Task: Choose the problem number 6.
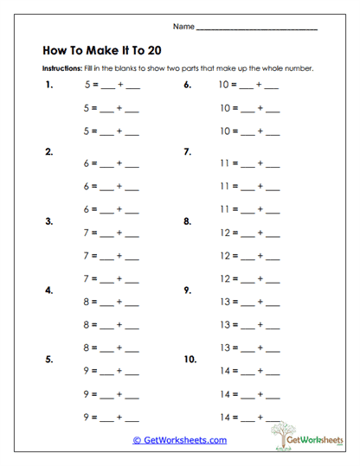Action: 187,86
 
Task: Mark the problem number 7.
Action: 187,152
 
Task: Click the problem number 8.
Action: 187,221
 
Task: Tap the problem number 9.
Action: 187,290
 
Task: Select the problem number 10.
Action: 190,359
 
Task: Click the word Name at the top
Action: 183,27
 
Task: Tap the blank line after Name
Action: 257,29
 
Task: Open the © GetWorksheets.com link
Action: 180,440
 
